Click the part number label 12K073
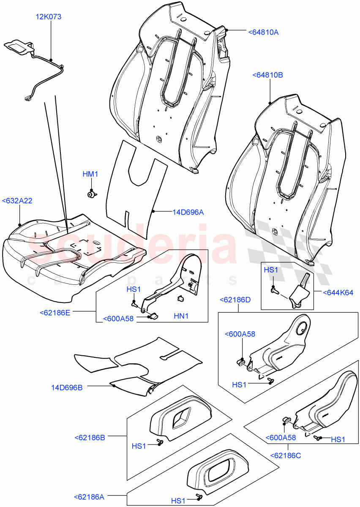coord(48,17)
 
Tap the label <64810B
coord(267,75)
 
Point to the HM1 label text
coord(90,174)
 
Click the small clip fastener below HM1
coord(91,194)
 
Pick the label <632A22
coord(17,201)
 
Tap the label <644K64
coord(338,292)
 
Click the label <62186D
coord(235,300)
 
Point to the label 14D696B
coord(67,387)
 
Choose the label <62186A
coord(89,497)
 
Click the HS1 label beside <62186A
coord(178,501)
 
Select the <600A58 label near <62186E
coord(118,319)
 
